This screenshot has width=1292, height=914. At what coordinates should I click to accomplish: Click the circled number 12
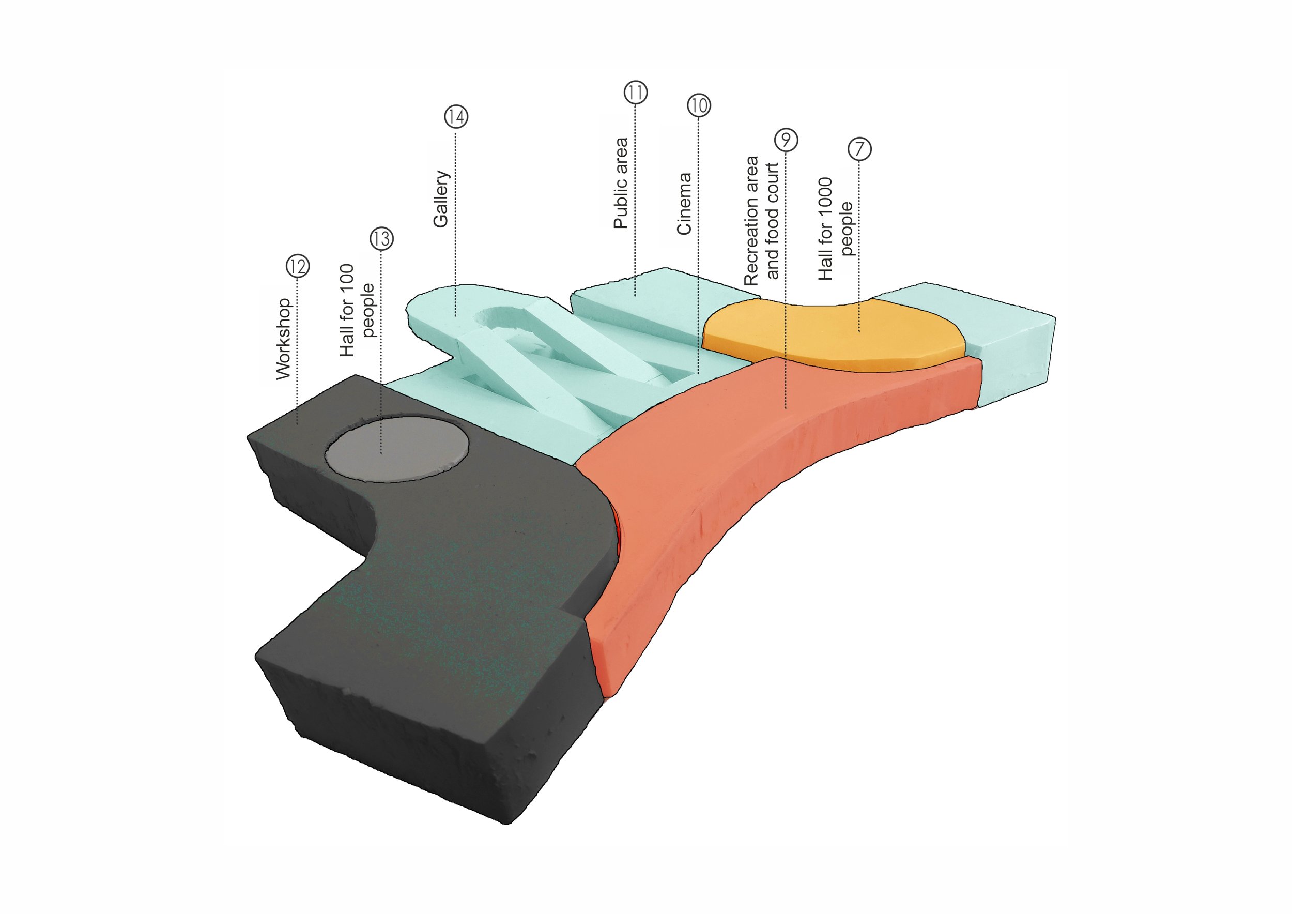[x=298, y=266]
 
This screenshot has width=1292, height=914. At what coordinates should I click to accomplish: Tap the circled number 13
[x=381, y=239]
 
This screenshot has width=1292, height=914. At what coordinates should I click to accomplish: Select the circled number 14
[x=456, y=116]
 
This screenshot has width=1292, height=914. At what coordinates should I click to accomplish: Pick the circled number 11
[x=635, y=93]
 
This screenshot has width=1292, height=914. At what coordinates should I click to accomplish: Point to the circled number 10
[x=698, y=105]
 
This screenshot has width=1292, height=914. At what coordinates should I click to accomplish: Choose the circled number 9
[x=786, y=140]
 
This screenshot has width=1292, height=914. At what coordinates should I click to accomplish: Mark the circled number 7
[x=859, y=149]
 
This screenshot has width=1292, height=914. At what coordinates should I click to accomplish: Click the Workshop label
[x=284, y=339]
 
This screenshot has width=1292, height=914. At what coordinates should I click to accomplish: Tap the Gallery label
[x=441, y=199]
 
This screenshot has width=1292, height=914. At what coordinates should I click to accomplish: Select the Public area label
[x=620, y=184]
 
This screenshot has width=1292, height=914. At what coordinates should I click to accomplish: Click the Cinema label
[x=684, y=204]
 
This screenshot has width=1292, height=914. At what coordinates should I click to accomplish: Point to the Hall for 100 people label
[x=357, y=310]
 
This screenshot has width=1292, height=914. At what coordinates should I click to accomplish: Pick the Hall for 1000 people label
[x=836, y=229]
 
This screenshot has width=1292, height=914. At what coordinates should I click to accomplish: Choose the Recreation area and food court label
[x=761, y=221]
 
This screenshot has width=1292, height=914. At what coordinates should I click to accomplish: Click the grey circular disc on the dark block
[x=397, y=449]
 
